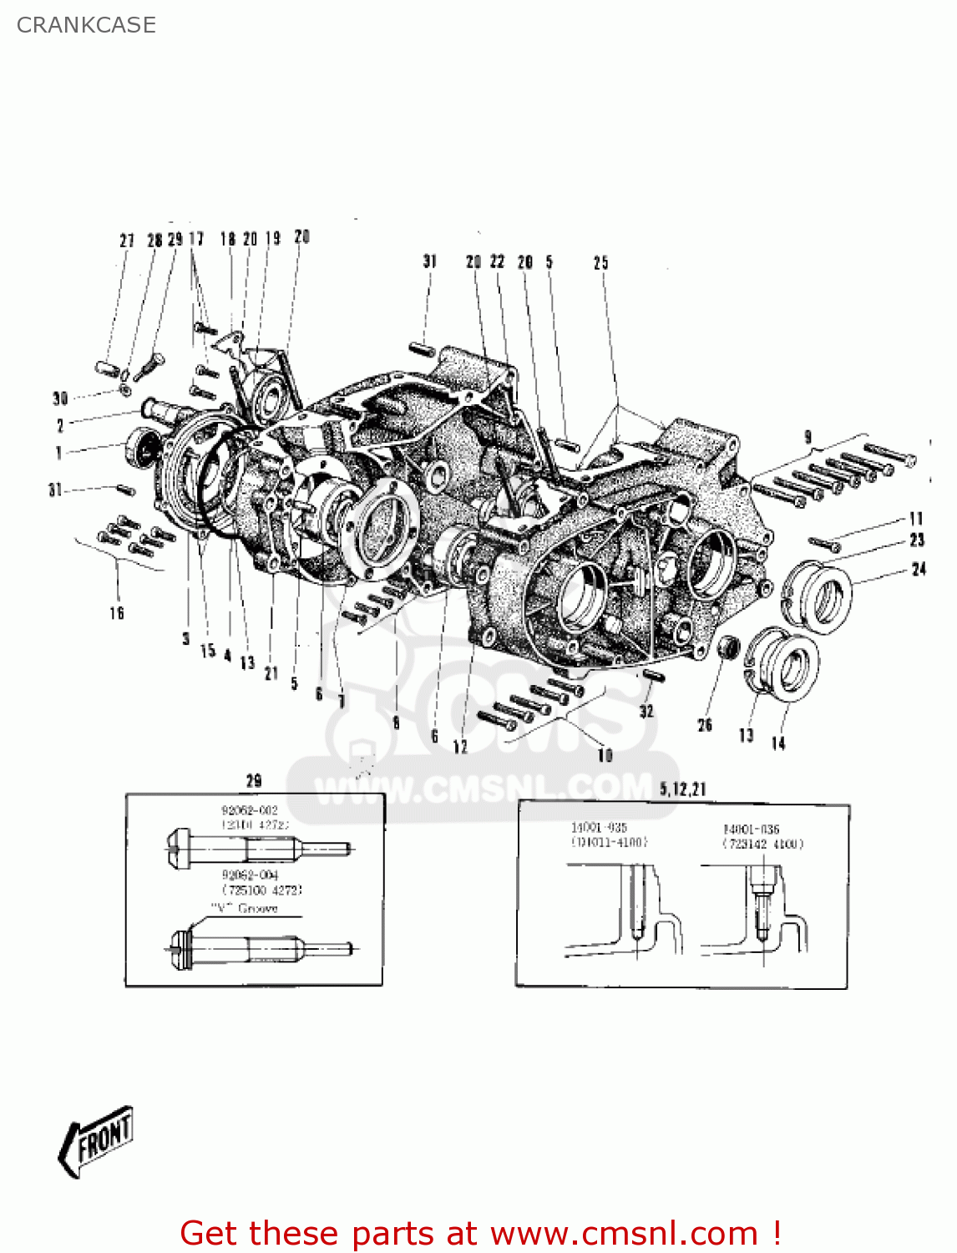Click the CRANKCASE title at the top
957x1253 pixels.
coord(86,25)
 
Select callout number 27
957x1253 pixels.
coord(127,241)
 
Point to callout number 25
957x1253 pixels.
coord(601,263)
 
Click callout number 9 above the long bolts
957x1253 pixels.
coord(808,437)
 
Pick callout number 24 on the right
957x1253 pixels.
coord(919,570)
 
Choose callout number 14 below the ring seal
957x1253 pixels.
coord(778,743)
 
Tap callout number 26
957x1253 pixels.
coord(705,725)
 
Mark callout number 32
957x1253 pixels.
coord(646,712)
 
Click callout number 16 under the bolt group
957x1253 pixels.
coord(117,613)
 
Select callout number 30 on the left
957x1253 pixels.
coord(60,398)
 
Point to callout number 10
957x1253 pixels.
coord(605,755)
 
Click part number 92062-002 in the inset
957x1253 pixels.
coord(250,810)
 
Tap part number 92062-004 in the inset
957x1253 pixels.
coord(250,875)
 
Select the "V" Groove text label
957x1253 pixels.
coord(244,908)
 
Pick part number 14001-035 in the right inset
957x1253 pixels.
coord(599,828)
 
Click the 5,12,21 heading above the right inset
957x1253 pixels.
coord(682,789)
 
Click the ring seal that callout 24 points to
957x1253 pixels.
coord(818,593)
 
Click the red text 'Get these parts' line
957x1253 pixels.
coord(480,1233)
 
